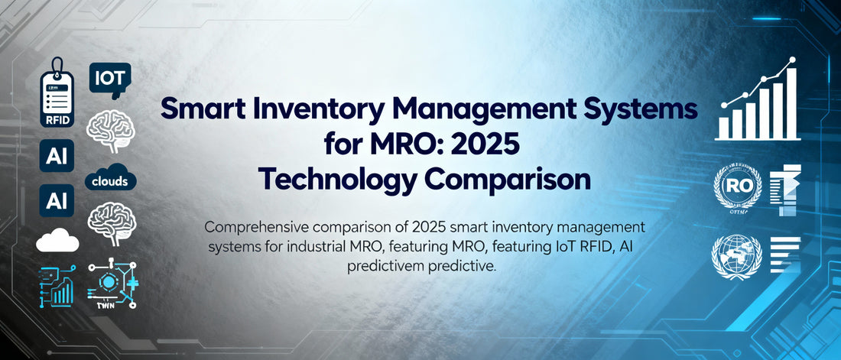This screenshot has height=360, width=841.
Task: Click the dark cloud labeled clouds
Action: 112,180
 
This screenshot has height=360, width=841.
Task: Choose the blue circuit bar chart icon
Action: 58,286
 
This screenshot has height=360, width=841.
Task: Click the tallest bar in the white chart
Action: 791,104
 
